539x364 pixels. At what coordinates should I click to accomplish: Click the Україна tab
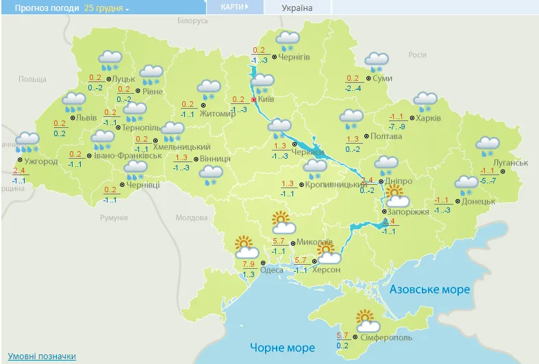coord(297,8)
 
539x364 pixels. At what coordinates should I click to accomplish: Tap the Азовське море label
coord(430,289)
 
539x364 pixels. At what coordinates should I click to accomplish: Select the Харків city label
coord(430,118)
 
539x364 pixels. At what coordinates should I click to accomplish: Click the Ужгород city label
coord(41,161)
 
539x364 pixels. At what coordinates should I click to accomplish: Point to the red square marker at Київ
coord(255,100)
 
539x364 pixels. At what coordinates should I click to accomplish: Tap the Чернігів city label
coord(294,57)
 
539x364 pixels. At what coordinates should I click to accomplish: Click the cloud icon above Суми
coord(376,62)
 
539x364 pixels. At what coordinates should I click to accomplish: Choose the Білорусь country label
coord(192,21)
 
